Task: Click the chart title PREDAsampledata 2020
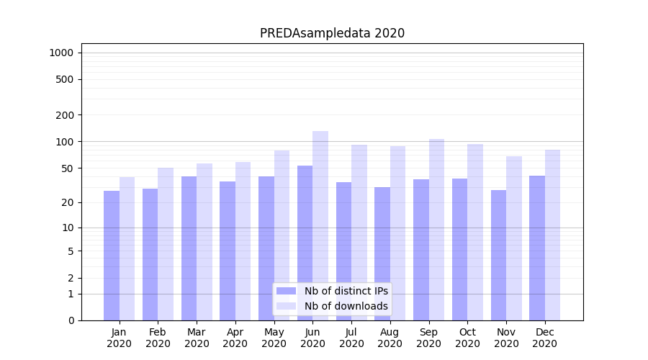pyautogui.click(x=332, y=33)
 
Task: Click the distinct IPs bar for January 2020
pyautogui.click(x=112, y=256)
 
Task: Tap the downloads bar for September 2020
pyautogui.click(x=436, y=230)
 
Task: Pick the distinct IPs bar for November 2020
pyautogui.click(x=498, y=255)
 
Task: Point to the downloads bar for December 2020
pyautogui.click(x=553, y=235)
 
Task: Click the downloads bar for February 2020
pyautogui.click(x=166, y=244)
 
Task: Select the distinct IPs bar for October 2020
pyautogui.click(x=459, y=249)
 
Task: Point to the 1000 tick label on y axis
pyautogui.click(x=61, y=53)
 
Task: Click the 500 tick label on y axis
pyautogui.click(x=65, y=79)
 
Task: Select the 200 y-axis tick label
pyautogui.click(x=65, y=115)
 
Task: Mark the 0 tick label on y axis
pyautogui.click(x=71, y=320)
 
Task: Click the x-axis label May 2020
pyautogui.click(x=274, y=338)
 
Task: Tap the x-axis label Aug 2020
pyautogui.click(x=390, y=338)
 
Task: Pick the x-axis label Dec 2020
pyautogui.click(x=545, y=338)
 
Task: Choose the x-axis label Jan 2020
pyautogui.click(x=120, y=338)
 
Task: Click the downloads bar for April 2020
pyautogui.click(x=243, y=241)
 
